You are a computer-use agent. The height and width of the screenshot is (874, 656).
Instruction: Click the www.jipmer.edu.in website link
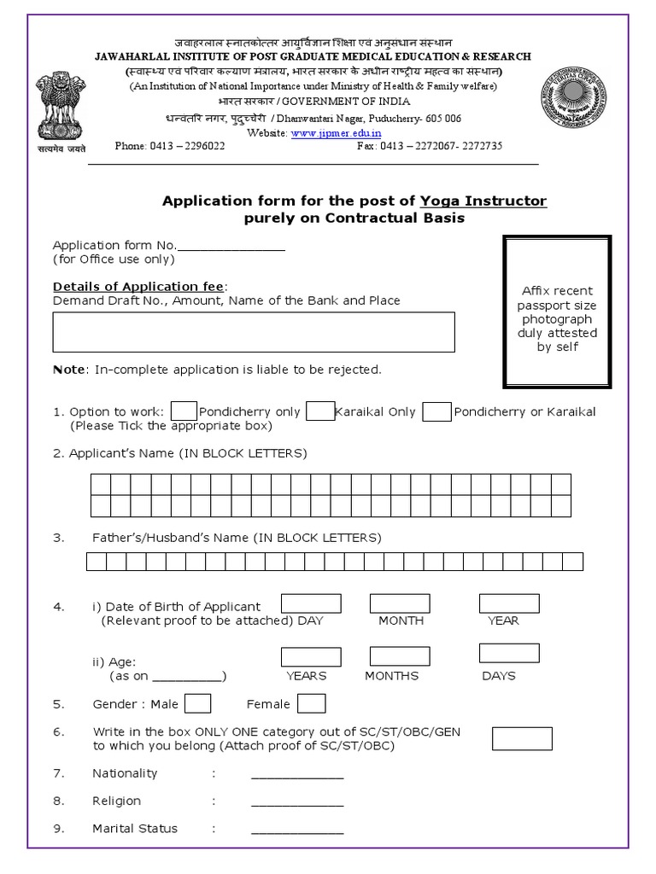pos(335,133)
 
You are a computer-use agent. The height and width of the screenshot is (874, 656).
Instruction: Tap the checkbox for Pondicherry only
pos(184,411)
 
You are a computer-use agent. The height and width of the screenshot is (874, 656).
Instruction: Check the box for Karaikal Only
pos(320,411)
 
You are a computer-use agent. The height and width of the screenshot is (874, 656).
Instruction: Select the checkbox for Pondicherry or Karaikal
pos(436,411)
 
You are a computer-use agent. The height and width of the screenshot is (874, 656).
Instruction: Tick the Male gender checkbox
pos(198,703)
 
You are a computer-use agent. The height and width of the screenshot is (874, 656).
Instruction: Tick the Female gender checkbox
pos(311,703)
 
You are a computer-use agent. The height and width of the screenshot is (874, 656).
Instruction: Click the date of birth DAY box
pos(311,603)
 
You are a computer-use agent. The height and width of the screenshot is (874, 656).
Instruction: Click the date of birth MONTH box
pos(400,603)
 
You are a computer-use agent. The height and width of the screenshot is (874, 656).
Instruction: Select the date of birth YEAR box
pos(509,603)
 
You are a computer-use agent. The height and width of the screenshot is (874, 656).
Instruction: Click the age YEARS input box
pos(311,656)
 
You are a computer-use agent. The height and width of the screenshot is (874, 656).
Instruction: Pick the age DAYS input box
pos(509,654)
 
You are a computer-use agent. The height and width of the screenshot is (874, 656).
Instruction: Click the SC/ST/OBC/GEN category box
pos(522,738)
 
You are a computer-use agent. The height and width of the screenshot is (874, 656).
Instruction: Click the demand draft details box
pos(254,332)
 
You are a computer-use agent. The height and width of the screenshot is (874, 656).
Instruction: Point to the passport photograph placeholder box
pos(557,312)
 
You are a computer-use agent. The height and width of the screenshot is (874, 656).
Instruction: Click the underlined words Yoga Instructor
pos(483,201)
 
